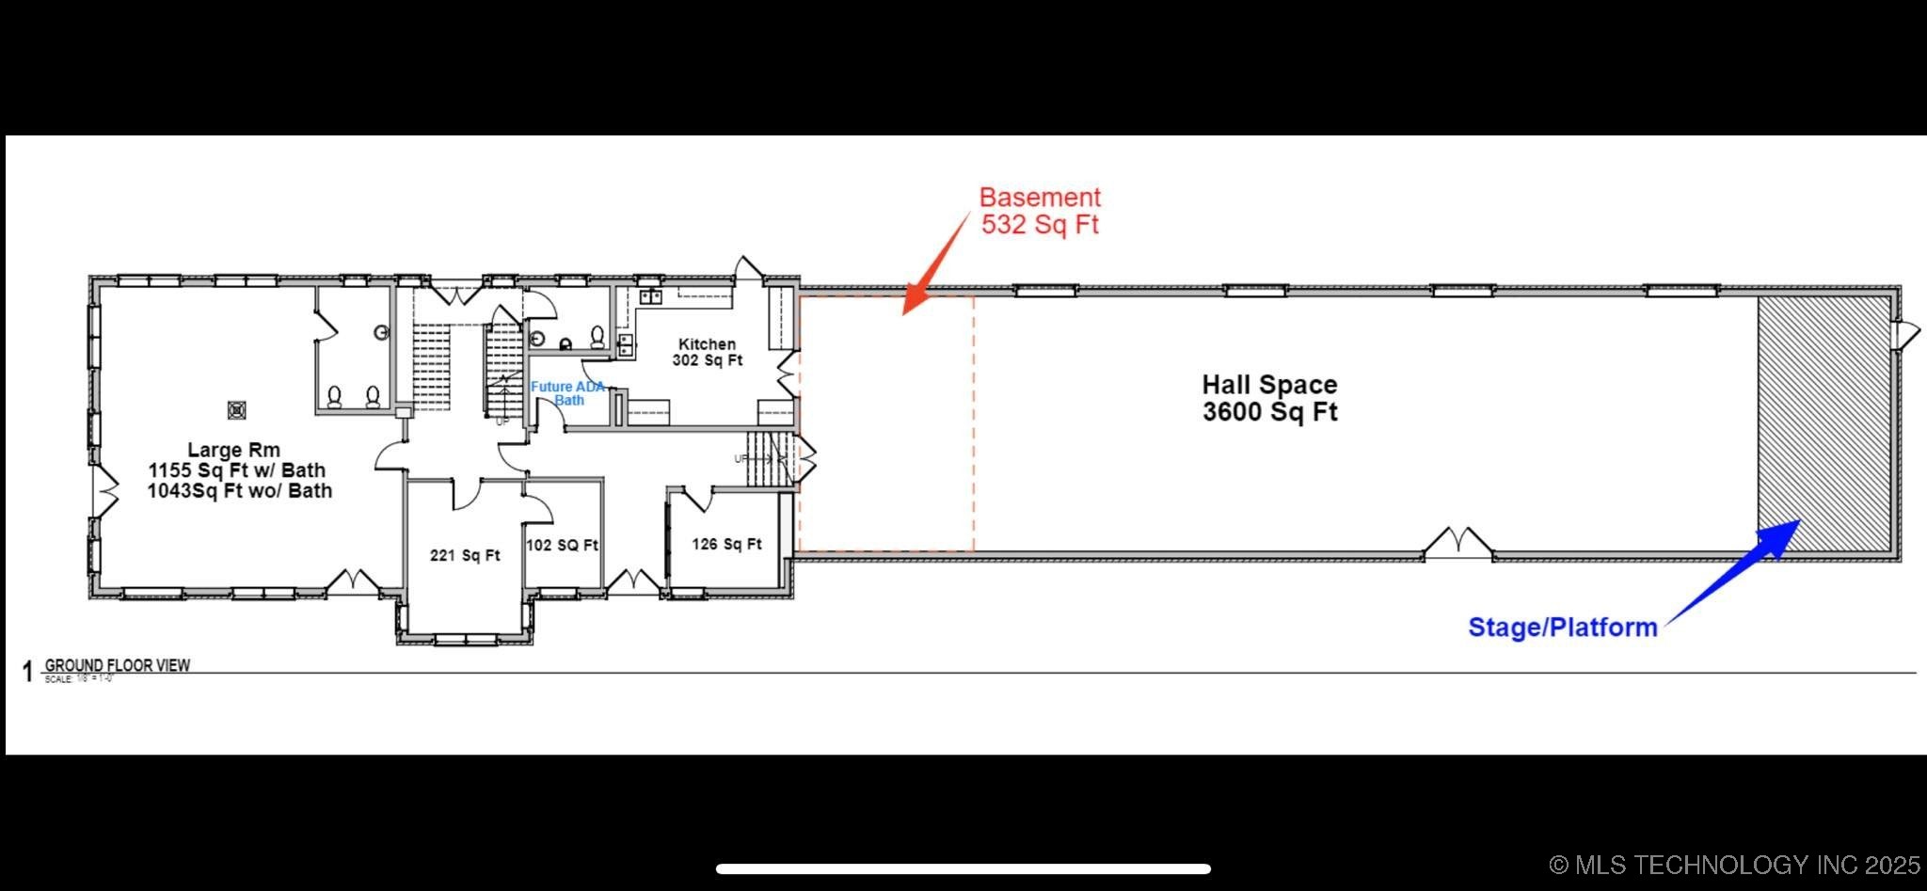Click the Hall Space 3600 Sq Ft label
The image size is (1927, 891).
click(1269, 398)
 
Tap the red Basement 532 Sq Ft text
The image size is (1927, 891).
click(1040, 211)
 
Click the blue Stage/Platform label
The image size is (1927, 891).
click(1562, 628)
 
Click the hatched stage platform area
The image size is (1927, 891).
click(1823, 423)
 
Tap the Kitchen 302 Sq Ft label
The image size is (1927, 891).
click(707, 352)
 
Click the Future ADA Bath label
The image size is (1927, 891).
click(567, 393)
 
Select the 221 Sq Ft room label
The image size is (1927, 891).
click(465, 555)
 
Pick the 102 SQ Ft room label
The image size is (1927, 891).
click(562, 545)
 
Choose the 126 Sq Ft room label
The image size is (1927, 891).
click(726, 544)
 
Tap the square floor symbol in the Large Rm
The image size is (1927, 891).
click(237, 410)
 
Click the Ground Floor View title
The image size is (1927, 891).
click(118, 665)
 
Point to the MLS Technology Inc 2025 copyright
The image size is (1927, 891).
click(1735, 865)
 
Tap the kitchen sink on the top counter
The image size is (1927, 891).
click(651, 297)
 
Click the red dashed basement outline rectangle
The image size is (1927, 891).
click(885, 423)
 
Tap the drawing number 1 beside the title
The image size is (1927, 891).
click(27, 672)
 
